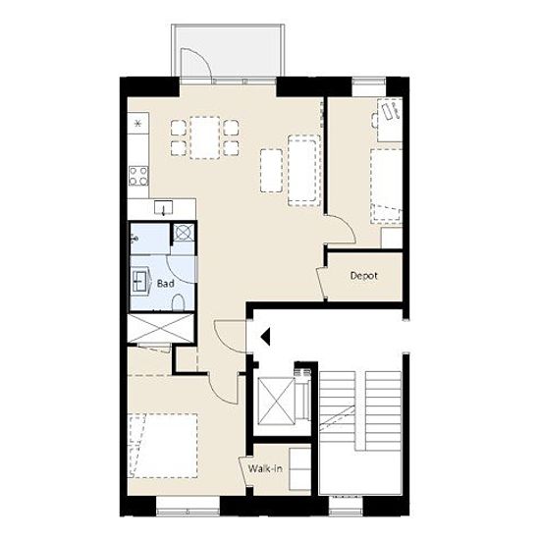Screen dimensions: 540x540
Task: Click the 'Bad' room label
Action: (165, 284)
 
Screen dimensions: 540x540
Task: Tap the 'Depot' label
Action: (363, 276)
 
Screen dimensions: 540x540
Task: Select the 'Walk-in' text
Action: (265, 468)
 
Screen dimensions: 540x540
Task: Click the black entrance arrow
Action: (265, 336)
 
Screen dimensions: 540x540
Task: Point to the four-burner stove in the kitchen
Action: (138, 176)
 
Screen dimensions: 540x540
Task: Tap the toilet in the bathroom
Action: (179, 302)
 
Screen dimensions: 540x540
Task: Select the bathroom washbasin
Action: (140, 281)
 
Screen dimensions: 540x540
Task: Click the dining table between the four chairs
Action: (204, 137)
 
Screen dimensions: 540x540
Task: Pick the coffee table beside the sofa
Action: (272, 170)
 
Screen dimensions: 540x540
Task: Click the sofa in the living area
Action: (303, 171)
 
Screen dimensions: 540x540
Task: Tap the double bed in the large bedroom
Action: (163, 446)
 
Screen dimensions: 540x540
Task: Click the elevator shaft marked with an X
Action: (277, 401)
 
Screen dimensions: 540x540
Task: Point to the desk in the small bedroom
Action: (390, 120)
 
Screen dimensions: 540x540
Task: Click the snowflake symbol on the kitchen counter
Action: (137, 123)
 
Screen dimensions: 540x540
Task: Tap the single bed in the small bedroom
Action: (387, 187)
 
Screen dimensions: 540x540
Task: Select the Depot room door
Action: (321, 283)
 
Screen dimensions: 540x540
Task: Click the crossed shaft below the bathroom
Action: (160, 328)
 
